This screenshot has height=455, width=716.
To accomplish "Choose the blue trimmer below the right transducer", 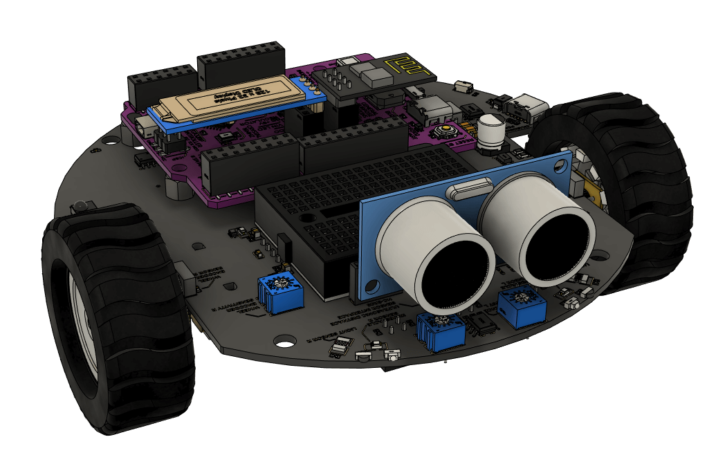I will coord(520,304).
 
